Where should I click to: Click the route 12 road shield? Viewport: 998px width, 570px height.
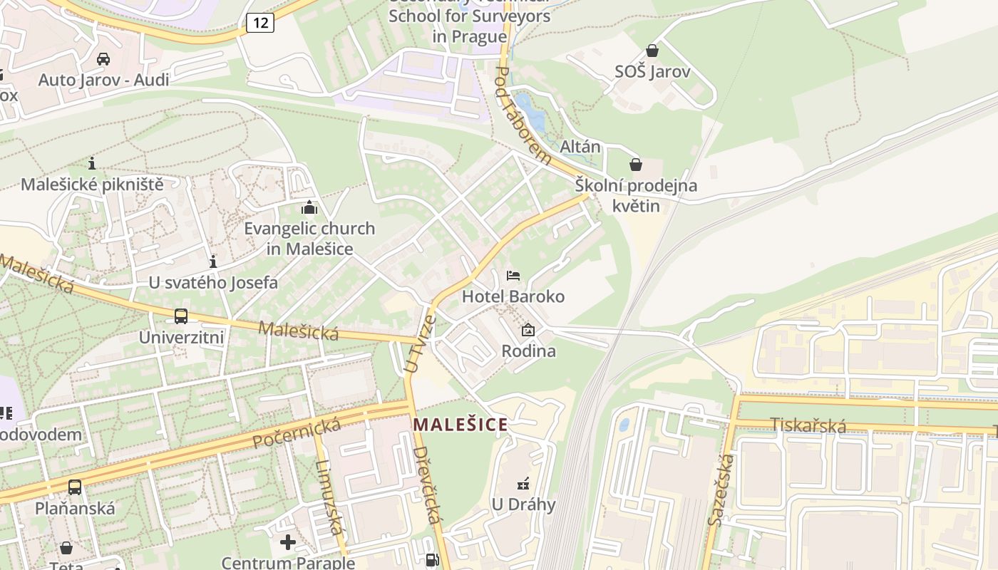coord(261,23)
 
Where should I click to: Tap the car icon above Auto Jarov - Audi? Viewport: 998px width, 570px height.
coord(103,58)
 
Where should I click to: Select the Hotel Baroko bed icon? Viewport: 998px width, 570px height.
coord(513,276)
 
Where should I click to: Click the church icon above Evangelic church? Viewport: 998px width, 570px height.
coord(309,208)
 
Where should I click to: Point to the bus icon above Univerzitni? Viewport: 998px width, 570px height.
coord(181,316)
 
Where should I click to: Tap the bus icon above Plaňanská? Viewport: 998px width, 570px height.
coord(75,487)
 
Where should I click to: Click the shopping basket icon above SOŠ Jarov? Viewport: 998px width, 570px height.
coord(652,51)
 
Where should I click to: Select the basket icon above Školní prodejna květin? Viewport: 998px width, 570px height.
coord(636,165)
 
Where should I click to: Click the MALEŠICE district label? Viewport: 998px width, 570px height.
coord(461,425)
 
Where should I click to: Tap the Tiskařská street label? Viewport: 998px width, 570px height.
coord(809,426)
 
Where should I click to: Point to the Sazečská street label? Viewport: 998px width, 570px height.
coord(721,489)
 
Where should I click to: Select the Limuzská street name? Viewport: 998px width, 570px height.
coord(327,497)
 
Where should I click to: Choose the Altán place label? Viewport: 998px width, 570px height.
coord(580,147)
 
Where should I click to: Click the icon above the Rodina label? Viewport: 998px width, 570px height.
coord(528,330)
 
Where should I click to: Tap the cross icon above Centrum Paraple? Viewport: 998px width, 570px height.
coord(288,543)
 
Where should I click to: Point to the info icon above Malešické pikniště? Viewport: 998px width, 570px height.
coord(92,163)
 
